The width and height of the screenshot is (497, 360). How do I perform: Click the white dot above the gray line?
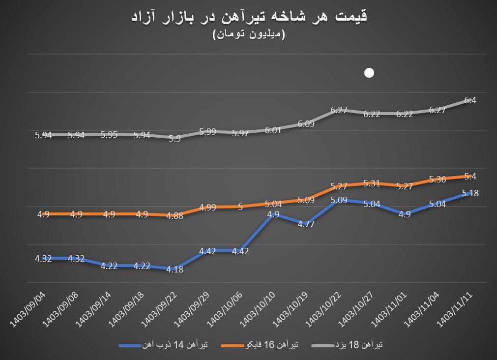[369, 73]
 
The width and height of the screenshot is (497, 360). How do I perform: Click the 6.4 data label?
[470, 100]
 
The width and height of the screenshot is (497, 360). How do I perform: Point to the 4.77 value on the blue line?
[306, 224]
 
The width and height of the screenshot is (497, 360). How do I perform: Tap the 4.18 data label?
[175, 269]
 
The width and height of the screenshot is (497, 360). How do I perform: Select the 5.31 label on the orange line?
[372, 183]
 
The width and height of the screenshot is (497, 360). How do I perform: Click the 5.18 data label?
[470, 193]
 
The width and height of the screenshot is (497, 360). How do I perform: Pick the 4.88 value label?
[175, 215]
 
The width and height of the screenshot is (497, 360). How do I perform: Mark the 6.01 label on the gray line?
[273, 130]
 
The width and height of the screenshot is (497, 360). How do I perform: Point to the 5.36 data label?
[437, 180]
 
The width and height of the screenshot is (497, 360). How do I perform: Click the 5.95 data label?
[109, 134]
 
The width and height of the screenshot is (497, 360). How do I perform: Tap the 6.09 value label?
[306, 124]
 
